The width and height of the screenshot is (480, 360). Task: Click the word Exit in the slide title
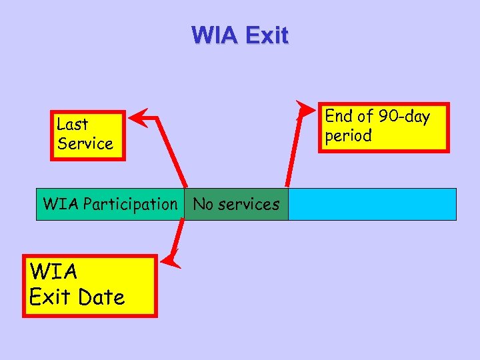pyautogui.click(x=266, y=35)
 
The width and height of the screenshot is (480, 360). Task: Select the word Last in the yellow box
pyautogui.click(x=72, y=124)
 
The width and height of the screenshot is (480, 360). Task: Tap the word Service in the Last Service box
pyautogui.click(x=85, y=144)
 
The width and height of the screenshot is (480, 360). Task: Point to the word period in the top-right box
pyautogui.click(x=348, y=136)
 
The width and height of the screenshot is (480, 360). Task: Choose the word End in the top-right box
pyautogui.click(x=338, y=117)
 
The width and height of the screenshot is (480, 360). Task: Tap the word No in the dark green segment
pyautogui.click(x=202, y=204)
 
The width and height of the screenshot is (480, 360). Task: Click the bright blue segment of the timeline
pyautogui.click(x=372, y=204)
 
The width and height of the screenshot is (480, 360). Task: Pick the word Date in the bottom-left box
pyautogui.click(x=103, y=297)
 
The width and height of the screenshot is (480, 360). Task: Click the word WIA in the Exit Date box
pyautogui.click(x=53, y=272)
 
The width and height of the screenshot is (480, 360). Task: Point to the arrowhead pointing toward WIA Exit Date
pyautogui.click(x=173, y=258)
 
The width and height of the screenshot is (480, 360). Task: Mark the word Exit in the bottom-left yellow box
pyautogui.click(x=50, y=297)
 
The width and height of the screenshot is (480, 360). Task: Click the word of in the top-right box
pyautogui.click(x=365, y=117)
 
